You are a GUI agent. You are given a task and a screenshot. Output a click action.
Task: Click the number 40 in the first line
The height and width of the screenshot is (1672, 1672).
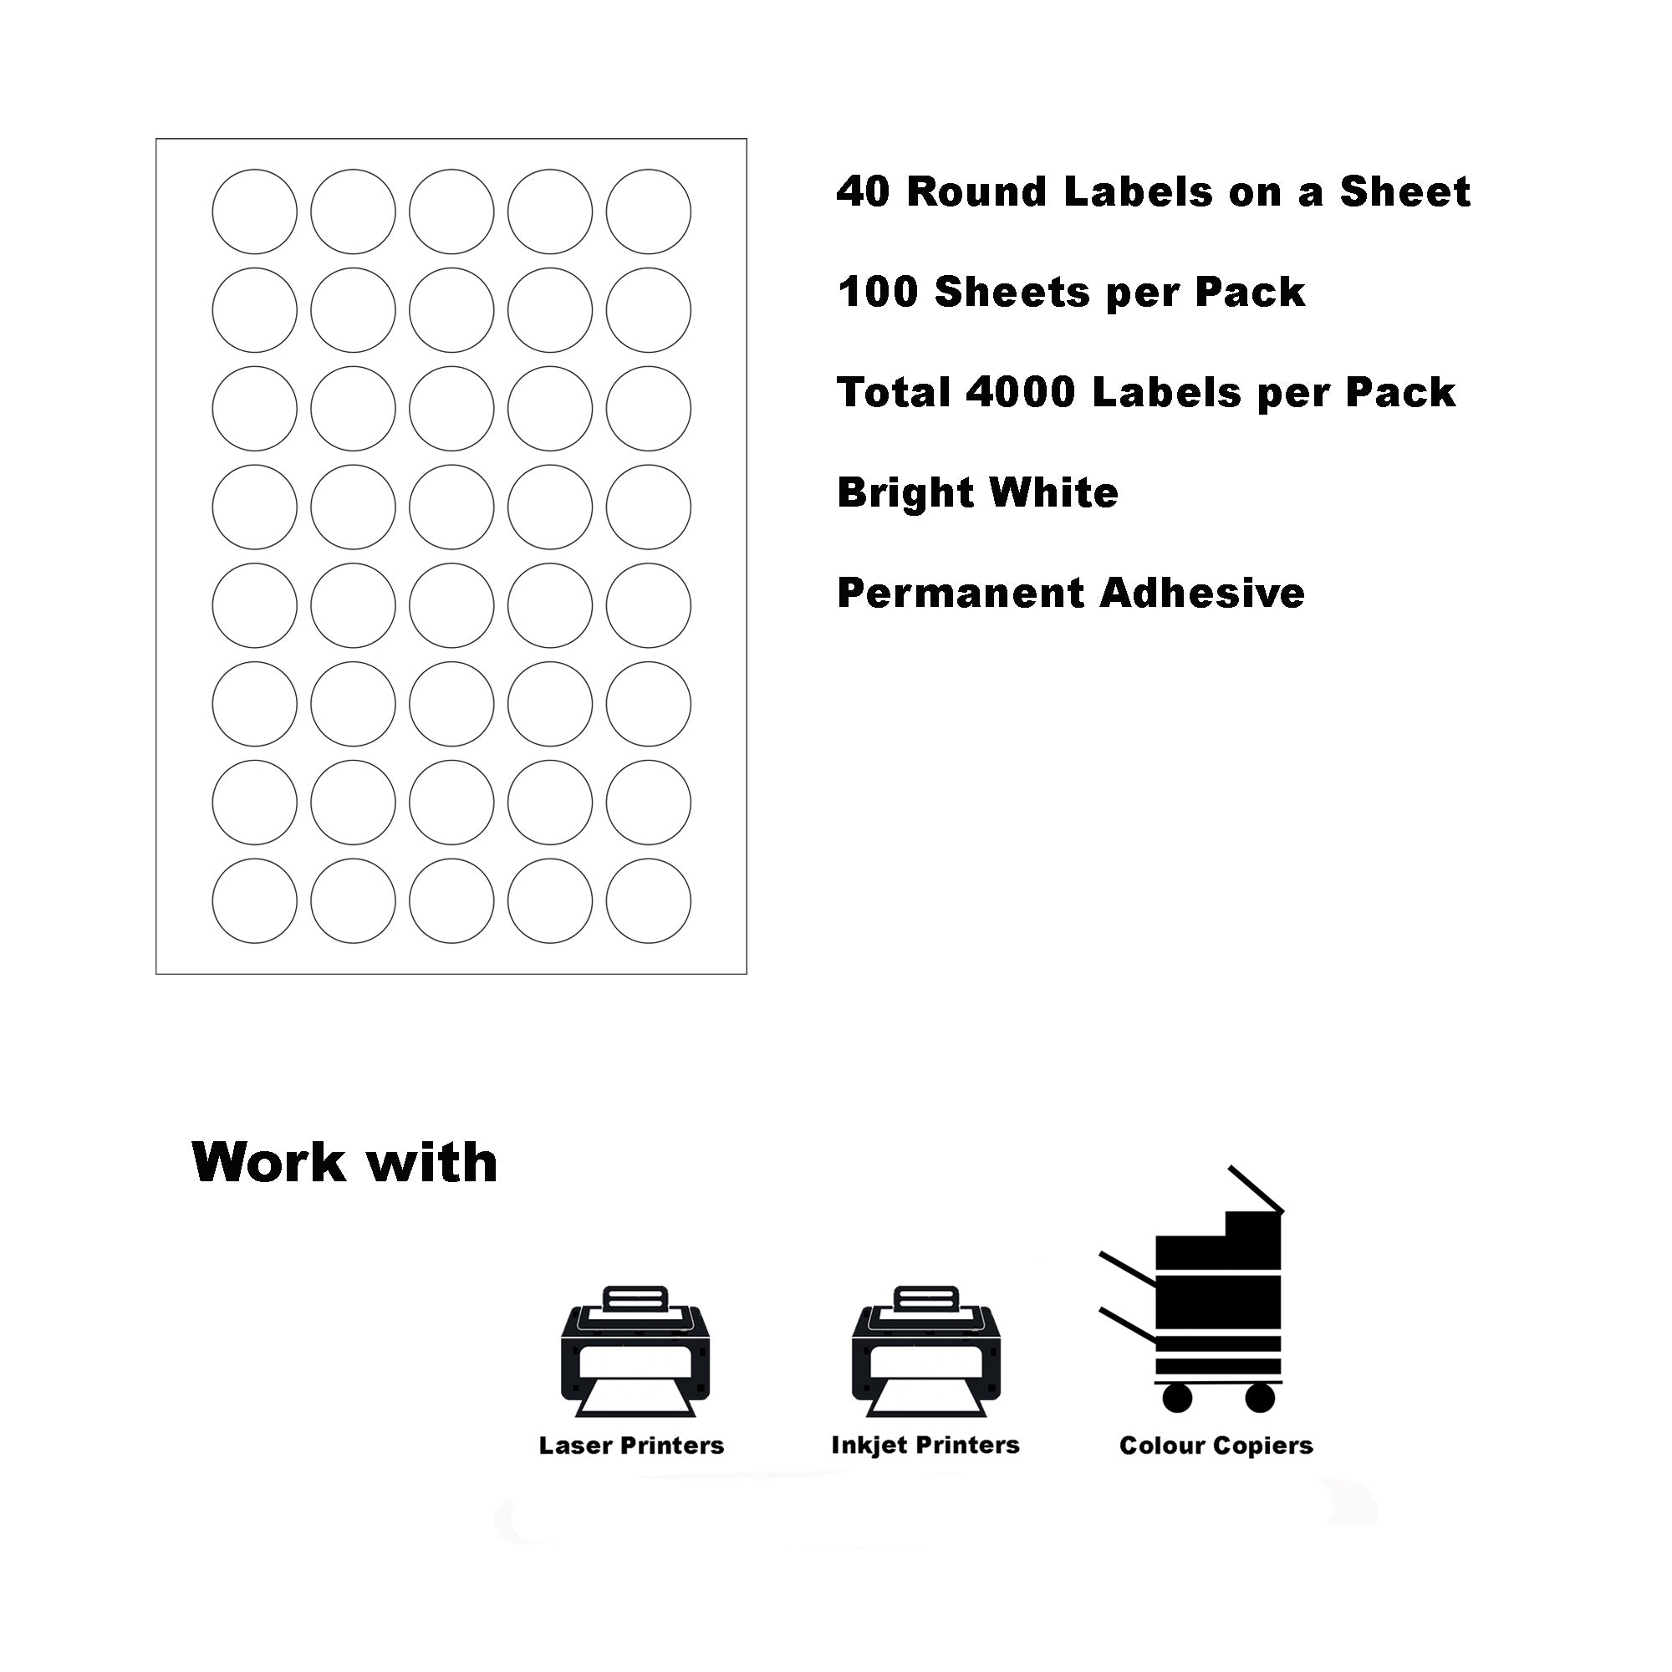[x=863, y=192]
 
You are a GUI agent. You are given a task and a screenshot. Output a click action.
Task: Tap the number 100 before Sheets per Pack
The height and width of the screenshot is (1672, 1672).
[x=878, y=293]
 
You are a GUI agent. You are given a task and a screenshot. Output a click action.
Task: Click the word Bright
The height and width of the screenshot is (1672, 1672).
[x=905, y=493]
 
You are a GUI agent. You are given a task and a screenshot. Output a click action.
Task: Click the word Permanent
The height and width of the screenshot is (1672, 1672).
[x=960, y=594]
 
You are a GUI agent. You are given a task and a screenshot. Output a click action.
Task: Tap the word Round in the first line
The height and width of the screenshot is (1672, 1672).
[x=978, y=192]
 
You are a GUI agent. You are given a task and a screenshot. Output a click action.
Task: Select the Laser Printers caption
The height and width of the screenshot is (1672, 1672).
[x=631, y=1445]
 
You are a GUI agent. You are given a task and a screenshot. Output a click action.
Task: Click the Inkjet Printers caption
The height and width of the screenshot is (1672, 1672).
[x=925, y=1445]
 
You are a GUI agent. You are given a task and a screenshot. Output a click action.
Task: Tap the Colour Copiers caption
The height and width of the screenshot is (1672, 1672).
[x=1216, y=1445]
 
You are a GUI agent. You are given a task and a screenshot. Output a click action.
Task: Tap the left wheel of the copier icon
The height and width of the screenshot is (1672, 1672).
[x=1177, y=1397]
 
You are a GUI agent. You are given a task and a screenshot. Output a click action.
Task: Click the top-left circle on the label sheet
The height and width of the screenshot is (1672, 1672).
[x=254, y=212]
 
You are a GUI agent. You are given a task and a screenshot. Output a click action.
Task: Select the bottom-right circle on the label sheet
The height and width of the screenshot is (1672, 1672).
[x=648, y=901]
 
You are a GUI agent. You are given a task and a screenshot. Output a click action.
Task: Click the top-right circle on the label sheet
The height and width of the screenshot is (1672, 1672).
[x=648, y=212]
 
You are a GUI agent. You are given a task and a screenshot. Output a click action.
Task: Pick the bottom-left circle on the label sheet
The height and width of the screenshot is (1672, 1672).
[x=254, y=901]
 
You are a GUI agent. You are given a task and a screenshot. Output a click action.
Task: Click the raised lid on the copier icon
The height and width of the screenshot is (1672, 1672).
[x=1256, y=1190]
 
